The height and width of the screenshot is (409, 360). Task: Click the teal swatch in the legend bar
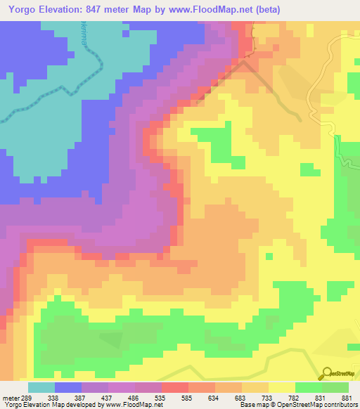(41, 387)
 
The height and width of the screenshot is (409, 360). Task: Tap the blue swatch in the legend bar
(68, 387)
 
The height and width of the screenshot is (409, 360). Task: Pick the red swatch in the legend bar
(174, 387)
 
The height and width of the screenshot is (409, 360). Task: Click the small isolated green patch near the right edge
(307, 169)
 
